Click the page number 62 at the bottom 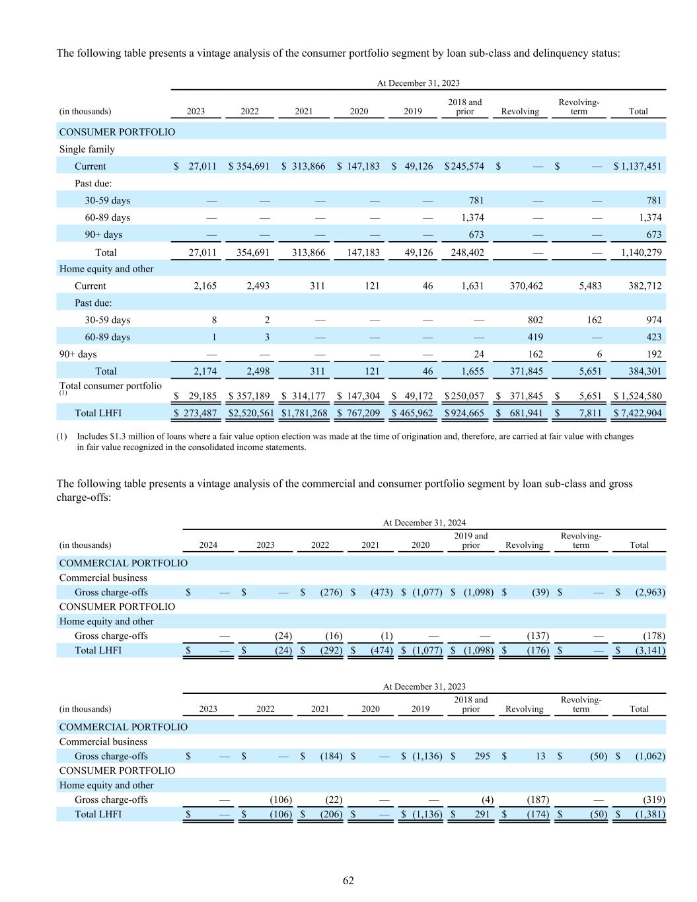tap(348, 880)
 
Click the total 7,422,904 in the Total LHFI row tap(640, 413)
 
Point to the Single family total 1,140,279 tap(642, 252)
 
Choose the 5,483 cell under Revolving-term tap(589, 286)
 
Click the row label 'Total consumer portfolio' tap(110, 386)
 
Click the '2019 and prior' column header tap(470, 541)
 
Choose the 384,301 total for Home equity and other tap(644, 371)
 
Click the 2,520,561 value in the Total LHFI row tap(250, 413)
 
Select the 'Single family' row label tap(87, 149)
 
